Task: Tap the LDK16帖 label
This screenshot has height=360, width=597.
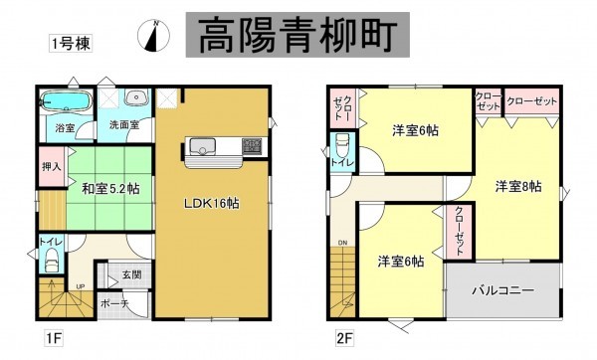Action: point(213,203)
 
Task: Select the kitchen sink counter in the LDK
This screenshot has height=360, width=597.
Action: point(222,149)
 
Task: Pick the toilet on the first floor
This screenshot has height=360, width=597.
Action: point(51,262)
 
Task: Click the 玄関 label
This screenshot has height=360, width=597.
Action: point(131,274)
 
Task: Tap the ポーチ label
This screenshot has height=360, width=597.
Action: point(113,304)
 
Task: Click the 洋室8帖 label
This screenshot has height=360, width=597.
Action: point(518,186)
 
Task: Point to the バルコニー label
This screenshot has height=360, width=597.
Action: point(503,290)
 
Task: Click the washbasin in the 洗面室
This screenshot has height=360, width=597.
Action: point(135,98)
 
